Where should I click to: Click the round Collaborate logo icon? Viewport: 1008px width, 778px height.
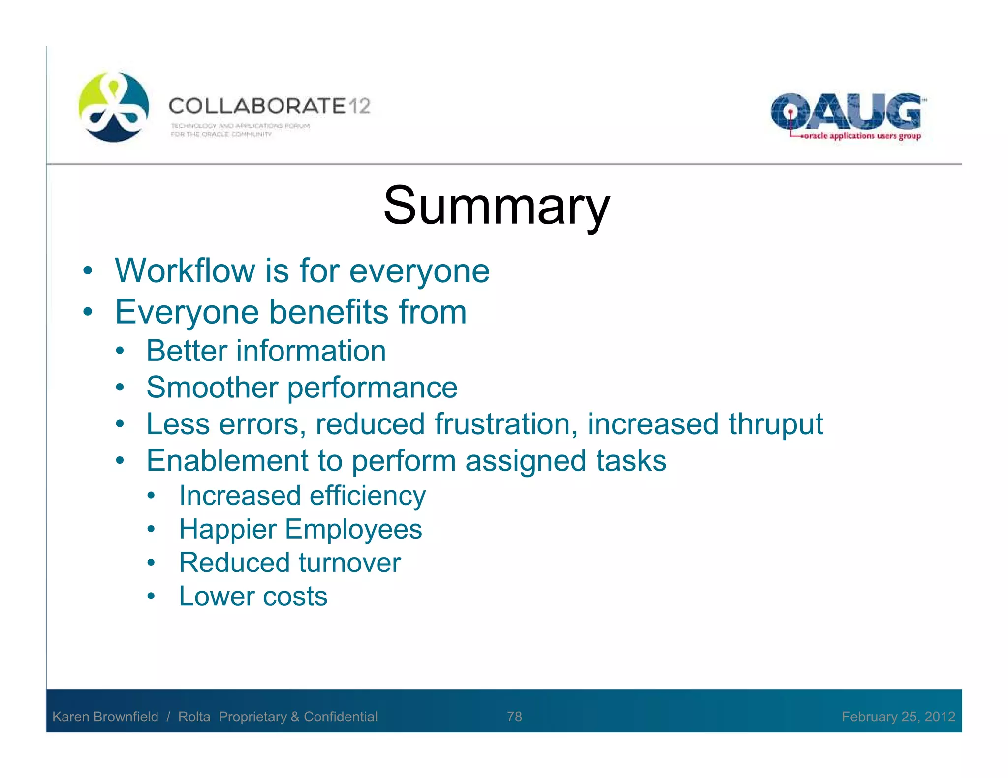[114, 107]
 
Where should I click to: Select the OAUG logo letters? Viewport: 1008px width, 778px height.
[846, 112]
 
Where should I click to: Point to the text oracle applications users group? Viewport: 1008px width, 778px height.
[862, 136]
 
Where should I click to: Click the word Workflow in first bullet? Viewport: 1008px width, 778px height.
[185, 271]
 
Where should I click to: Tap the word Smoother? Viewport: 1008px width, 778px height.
[212, 388]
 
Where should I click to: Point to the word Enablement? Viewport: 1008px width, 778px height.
[227, 461]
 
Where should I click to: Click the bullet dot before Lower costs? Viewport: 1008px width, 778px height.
[151, 597]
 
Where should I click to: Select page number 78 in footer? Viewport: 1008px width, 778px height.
[514, 717]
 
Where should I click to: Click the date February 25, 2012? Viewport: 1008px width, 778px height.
[898, 717]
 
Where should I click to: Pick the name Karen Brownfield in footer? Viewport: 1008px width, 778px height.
[105, 717]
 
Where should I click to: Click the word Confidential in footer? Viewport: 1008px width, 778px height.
[341, 717]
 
